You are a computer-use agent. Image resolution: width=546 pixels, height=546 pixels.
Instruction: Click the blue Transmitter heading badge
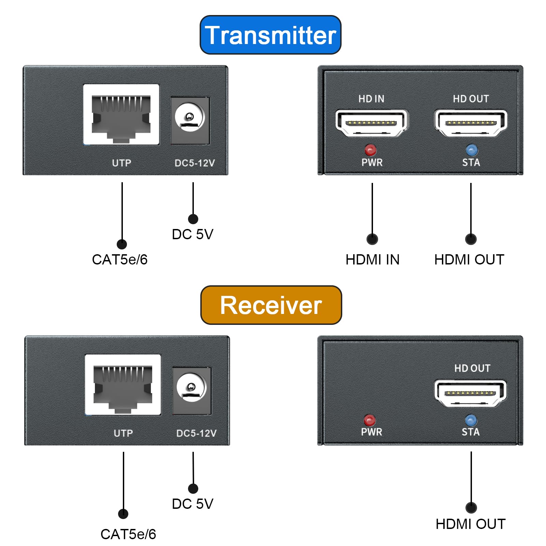(x=270, y=35)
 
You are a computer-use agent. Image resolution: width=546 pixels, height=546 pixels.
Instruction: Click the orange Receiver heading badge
(x=271, y=305)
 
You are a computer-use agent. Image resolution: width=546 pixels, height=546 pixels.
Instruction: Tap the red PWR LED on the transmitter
(x=370, y=150)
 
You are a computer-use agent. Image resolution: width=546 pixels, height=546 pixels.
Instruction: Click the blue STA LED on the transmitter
(x=472, y=150)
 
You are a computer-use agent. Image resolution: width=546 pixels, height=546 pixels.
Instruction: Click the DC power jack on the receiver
(x=191, y=388)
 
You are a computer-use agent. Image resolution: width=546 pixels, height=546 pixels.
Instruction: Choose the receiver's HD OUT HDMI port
(x=471, y=393)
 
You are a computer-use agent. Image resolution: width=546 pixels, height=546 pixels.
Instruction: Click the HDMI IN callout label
(x=372, y=260)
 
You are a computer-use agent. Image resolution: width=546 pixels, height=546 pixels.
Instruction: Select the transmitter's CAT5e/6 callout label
(x=120, y=260)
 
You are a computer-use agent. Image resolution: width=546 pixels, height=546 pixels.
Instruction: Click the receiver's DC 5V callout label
(x=192, y=504)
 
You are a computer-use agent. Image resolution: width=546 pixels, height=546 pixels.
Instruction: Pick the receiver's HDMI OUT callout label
(x=471, y=524)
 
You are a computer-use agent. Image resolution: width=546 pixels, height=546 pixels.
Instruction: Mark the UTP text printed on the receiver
(x=123, y=433)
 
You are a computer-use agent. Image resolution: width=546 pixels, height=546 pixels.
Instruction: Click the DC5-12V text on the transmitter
(x=195, y=163)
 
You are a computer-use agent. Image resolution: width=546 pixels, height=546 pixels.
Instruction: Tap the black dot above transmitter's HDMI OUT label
(x=471, y=239)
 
